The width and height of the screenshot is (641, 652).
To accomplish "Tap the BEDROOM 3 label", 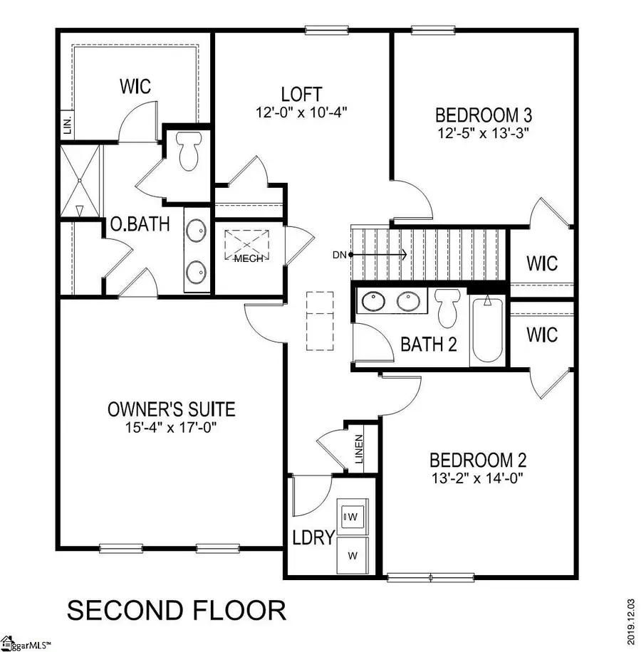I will [484, 115].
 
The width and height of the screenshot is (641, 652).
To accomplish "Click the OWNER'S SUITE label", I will [171, 409].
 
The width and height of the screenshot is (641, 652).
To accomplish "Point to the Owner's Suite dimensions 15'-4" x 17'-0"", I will [171, 427].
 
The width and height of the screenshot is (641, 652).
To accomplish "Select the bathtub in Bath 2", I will [487, 330].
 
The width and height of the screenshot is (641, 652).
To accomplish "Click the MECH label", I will [249, 258].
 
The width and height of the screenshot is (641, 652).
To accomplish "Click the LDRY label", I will [313, 537].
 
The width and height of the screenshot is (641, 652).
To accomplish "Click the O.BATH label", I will [140, 225].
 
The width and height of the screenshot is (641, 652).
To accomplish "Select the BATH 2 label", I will [428, 345].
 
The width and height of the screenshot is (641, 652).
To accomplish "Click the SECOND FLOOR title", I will [176, 610].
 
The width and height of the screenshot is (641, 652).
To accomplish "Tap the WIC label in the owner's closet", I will [135, 88].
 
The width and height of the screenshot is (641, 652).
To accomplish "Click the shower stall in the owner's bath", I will [80, 182].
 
